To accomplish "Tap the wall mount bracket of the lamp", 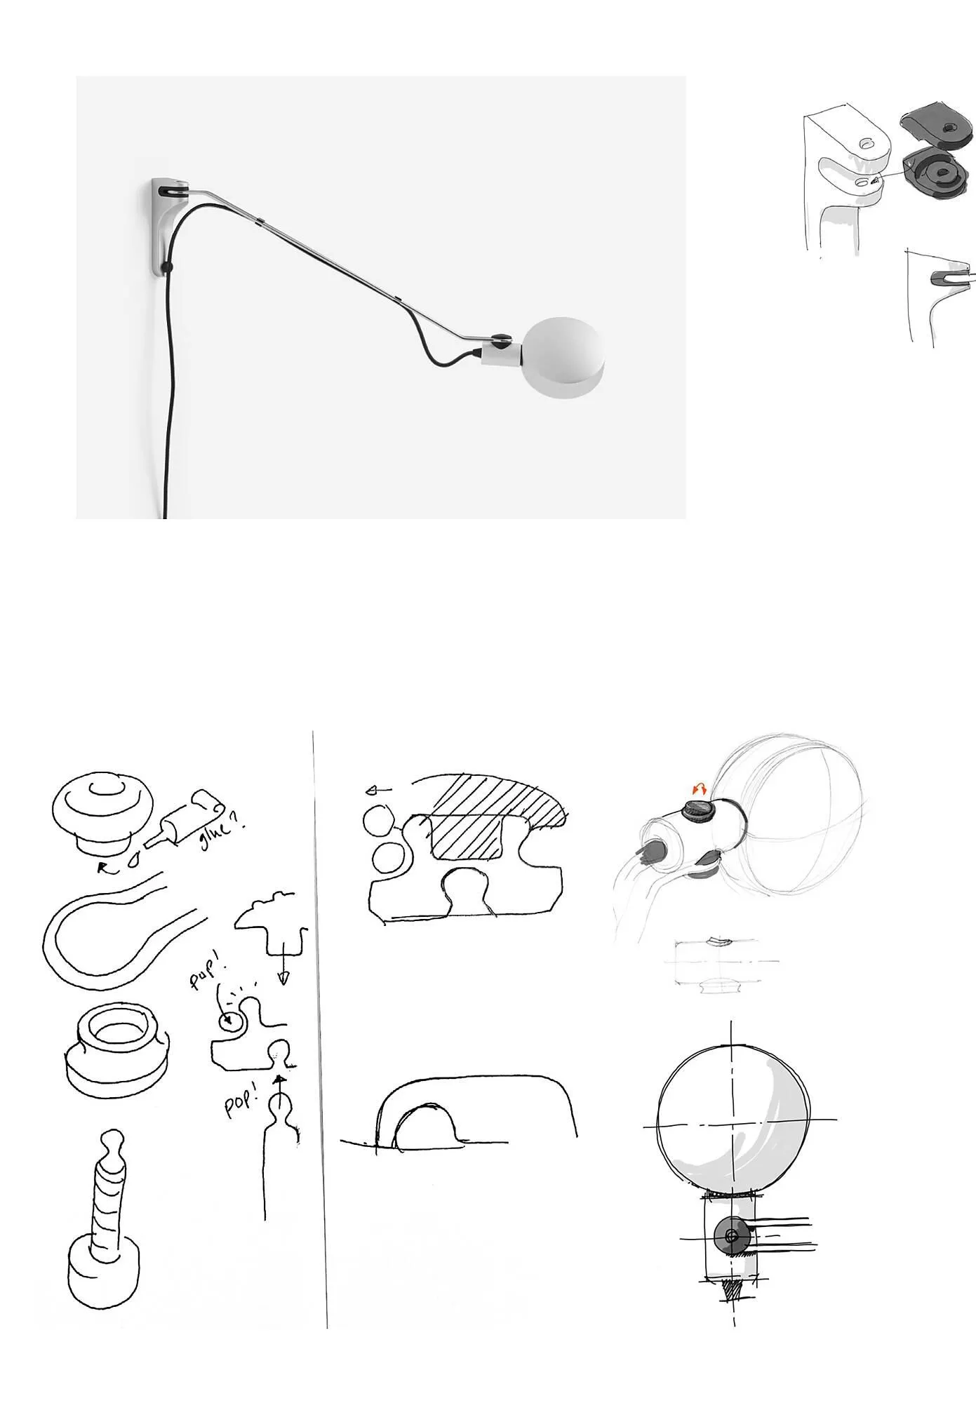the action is click(163, 227).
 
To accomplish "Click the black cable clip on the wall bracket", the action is click(166, 267).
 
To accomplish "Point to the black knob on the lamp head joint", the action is click(501, 340).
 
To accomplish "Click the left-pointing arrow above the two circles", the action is click(379, 791).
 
